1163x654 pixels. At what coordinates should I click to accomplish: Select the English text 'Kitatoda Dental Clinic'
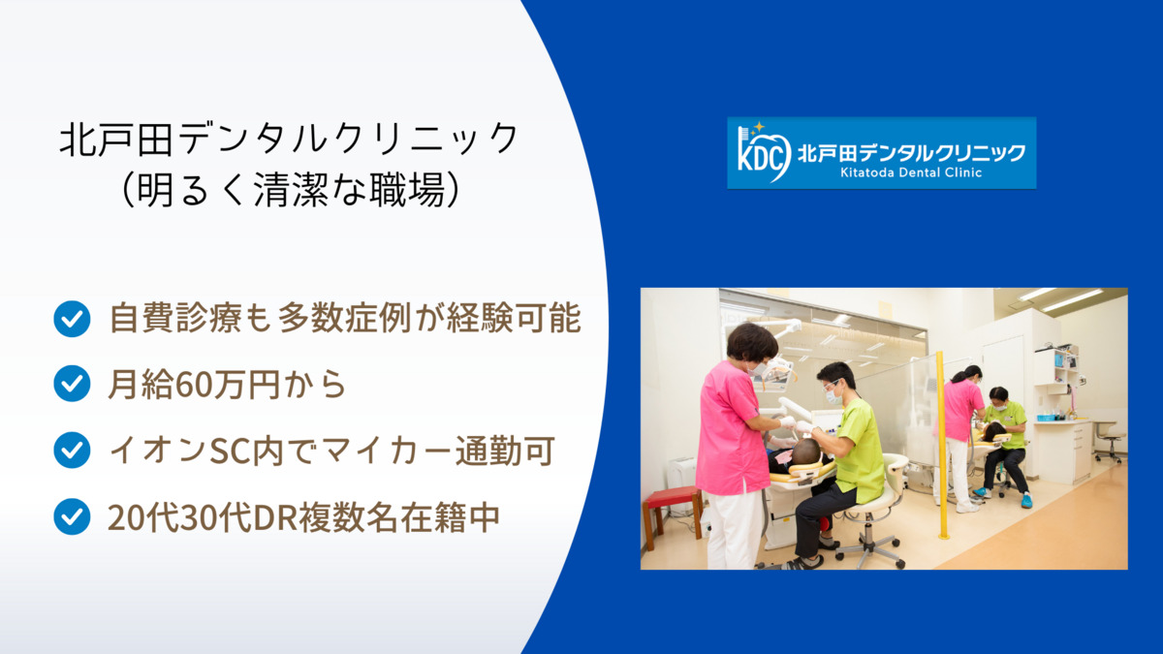(904, 173)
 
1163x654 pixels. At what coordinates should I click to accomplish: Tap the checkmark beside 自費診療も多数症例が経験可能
(72, 318)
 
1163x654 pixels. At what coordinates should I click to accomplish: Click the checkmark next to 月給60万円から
(72, 384)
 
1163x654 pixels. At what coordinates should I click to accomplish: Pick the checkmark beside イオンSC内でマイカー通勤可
(72, 450)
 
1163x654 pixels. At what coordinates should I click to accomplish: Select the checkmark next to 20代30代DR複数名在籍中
(72, 515)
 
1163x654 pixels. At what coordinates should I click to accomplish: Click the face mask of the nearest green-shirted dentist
(832, 396)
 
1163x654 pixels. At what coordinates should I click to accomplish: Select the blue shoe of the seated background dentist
(1025, 501)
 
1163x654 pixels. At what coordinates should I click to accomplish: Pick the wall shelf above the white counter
(1065, 368)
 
